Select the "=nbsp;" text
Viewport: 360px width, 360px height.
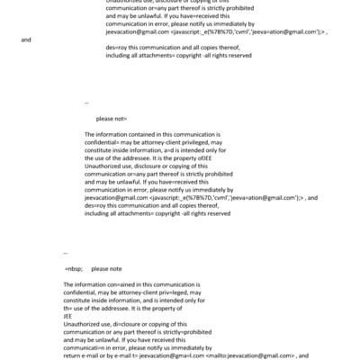tap(75, 268)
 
